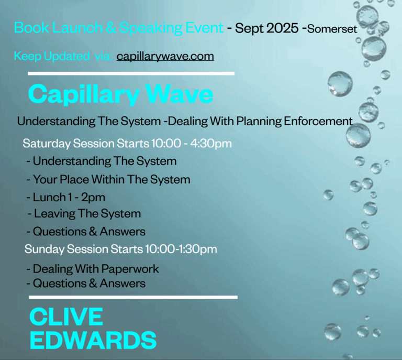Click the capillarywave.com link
165,56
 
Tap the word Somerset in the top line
332,29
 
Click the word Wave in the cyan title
179,94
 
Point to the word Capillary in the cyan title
84,95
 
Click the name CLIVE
66,317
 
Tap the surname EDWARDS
93,340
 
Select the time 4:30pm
211,144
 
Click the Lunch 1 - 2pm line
66,198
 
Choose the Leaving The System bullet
84,213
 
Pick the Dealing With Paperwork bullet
93,269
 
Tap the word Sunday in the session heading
44,249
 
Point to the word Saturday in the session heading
47,144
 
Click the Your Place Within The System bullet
108,179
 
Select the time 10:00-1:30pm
181,249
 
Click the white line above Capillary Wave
131,74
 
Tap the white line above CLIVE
133,298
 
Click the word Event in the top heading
204,28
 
